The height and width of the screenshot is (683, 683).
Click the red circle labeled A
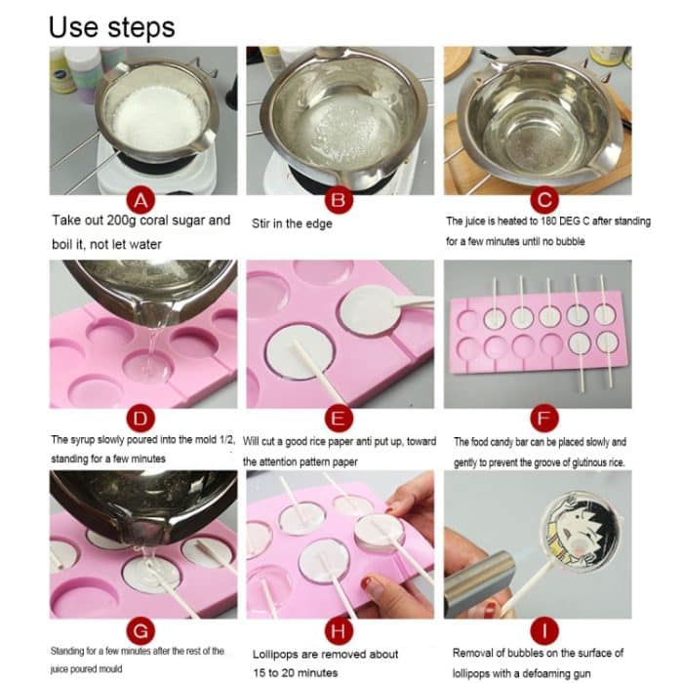point(142,201)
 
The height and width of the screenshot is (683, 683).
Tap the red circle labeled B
point(339,201)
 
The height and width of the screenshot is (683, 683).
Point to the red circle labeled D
point(142,420)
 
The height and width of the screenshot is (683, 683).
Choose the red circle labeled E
point(339,420)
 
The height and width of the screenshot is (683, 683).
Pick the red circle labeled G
point(142,626)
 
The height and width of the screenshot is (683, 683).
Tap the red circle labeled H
point(339,626)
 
